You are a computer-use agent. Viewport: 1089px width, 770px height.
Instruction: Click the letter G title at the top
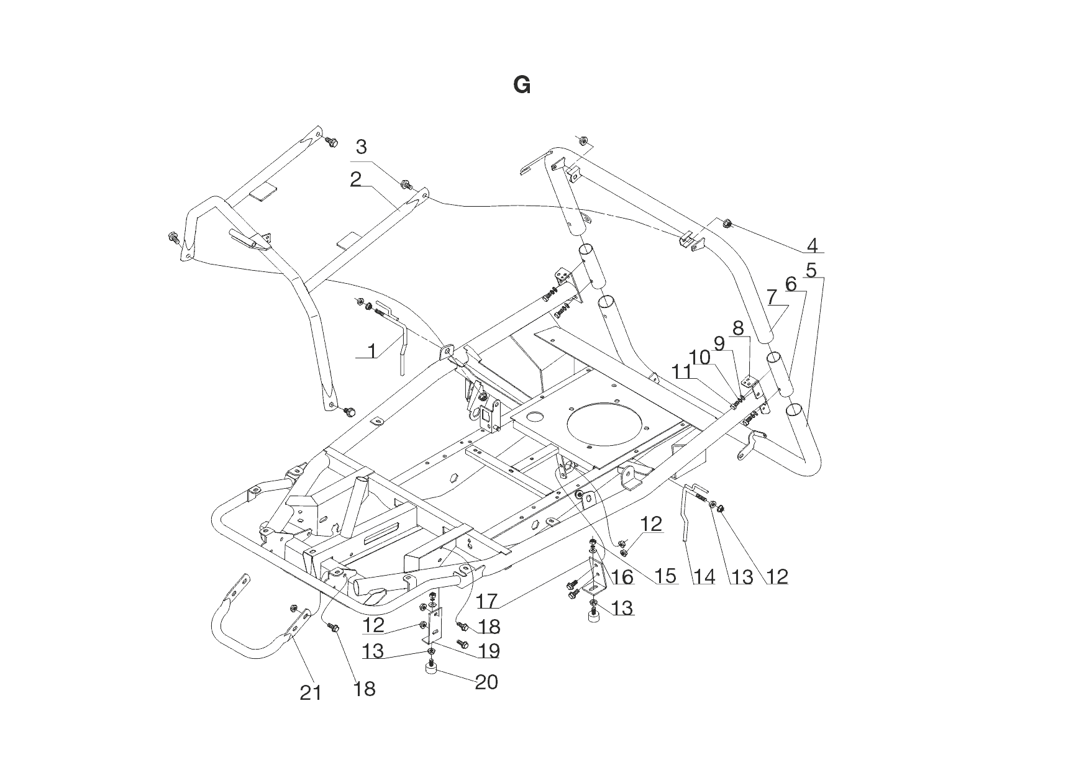tap(522, 85)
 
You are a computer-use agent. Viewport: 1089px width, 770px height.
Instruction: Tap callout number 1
tap(372, 351)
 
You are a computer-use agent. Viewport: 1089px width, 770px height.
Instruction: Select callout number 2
tap(355, 180)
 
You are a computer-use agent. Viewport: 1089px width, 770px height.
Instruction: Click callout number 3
tap(361, 148)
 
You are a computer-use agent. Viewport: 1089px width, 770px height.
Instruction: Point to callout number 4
tap(813, 246)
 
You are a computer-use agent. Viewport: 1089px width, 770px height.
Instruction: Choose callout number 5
tap(811, 271)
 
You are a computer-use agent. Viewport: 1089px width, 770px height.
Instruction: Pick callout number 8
tap(738, 328)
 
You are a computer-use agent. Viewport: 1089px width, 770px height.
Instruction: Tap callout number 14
tap(704, 577)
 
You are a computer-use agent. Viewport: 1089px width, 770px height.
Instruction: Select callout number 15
tap(665, 576)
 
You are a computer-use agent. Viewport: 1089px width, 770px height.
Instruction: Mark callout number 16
tap(622, 577)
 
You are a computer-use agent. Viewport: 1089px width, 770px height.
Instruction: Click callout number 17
tap(488, 601)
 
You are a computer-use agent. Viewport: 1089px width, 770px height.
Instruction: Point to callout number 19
tap(490, 651)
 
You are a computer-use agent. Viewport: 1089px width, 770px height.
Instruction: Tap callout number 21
tap(311, 692)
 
